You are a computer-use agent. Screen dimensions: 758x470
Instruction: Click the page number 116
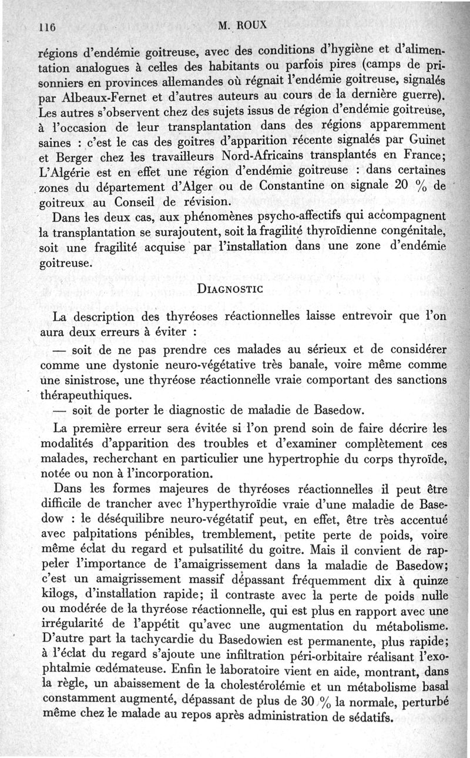point(46,26)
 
